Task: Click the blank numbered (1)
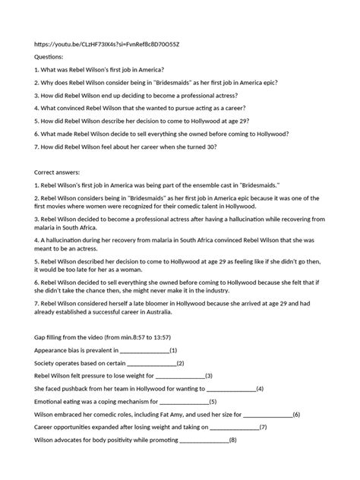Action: click(x=144, y=350)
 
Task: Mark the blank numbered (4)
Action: click(x=232, y=388)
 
